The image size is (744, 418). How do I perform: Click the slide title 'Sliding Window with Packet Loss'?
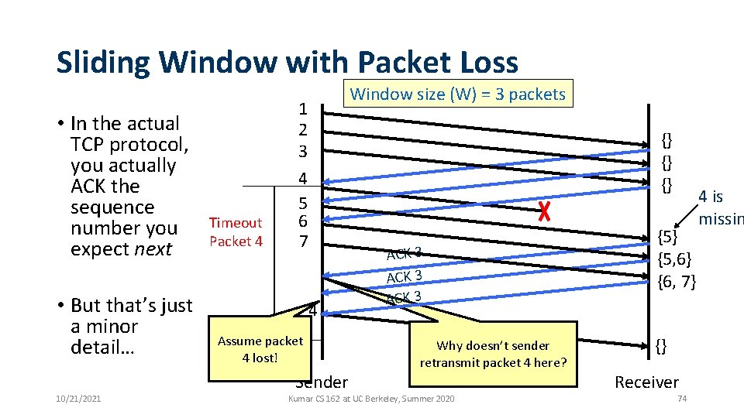pyautogui.click(x=287, y=62)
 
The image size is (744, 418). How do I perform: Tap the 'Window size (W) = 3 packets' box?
pyautogui.click(x=458, y=94)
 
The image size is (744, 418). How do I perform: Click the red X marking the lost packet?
pyautogui.click(x=544, y=209)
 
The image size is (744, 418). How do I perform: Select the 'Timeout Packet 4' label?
pyautogui.click(x=236, y=231)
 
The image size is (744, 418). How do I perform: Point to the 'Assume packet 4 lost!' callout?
pyautogui.click(x=260, y=349)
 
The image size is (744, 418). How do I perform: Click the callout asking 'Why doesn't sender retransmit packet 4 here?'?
pyautogui.click(x=493, y=355)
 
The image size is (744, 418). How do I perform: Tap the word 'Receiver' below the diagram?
pyautogui.click(x=646, y=382)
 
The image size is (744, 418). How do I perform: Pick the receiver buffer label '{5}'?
pyautogui.click(x=668, y=236)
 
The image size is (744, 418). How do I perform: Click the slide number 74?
pyautogui.click(x=682, y=398)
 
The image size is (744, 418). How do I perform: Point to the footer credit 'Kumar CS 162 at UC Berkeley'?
pyautogui.click(x=371, y=398)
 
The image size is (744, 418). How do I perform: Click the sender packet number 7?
pyautogui.click(x=304, y=241)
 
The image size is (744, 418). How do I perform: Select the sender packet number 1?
pyautogui.click(x=304, y=108)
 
